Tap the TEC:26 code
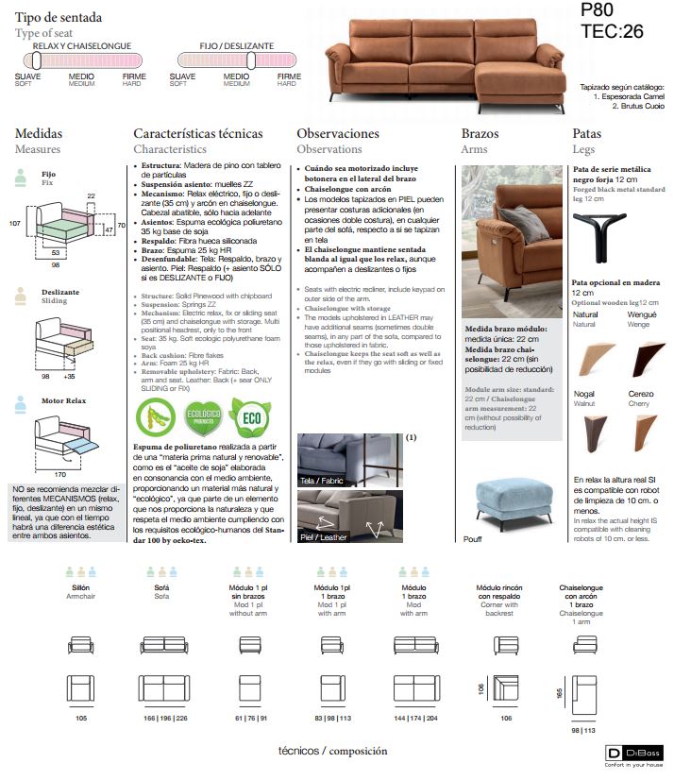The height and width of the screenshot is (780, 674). click(x=612, y=31)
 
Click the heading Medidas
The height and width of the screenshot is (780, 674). click(x=39, y=134)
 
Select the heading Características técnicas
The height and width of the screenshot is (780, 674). click(x=198, y=134)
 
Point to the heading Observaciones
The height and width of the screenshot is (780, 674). click(x=338, y=134)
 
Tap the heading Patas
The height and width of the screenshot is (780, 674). click(x=586, y=134)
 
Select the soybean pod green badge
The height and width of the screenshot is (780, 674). click(x=157, y=416)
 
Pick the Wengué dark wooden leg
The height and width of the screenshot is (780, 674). click(x=642, y=359)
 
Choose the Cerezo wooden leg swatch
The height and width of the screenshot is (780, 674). click(x=642, y=434)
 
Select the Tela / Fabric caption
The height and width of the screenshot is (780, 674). click(x=321, y=481)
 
